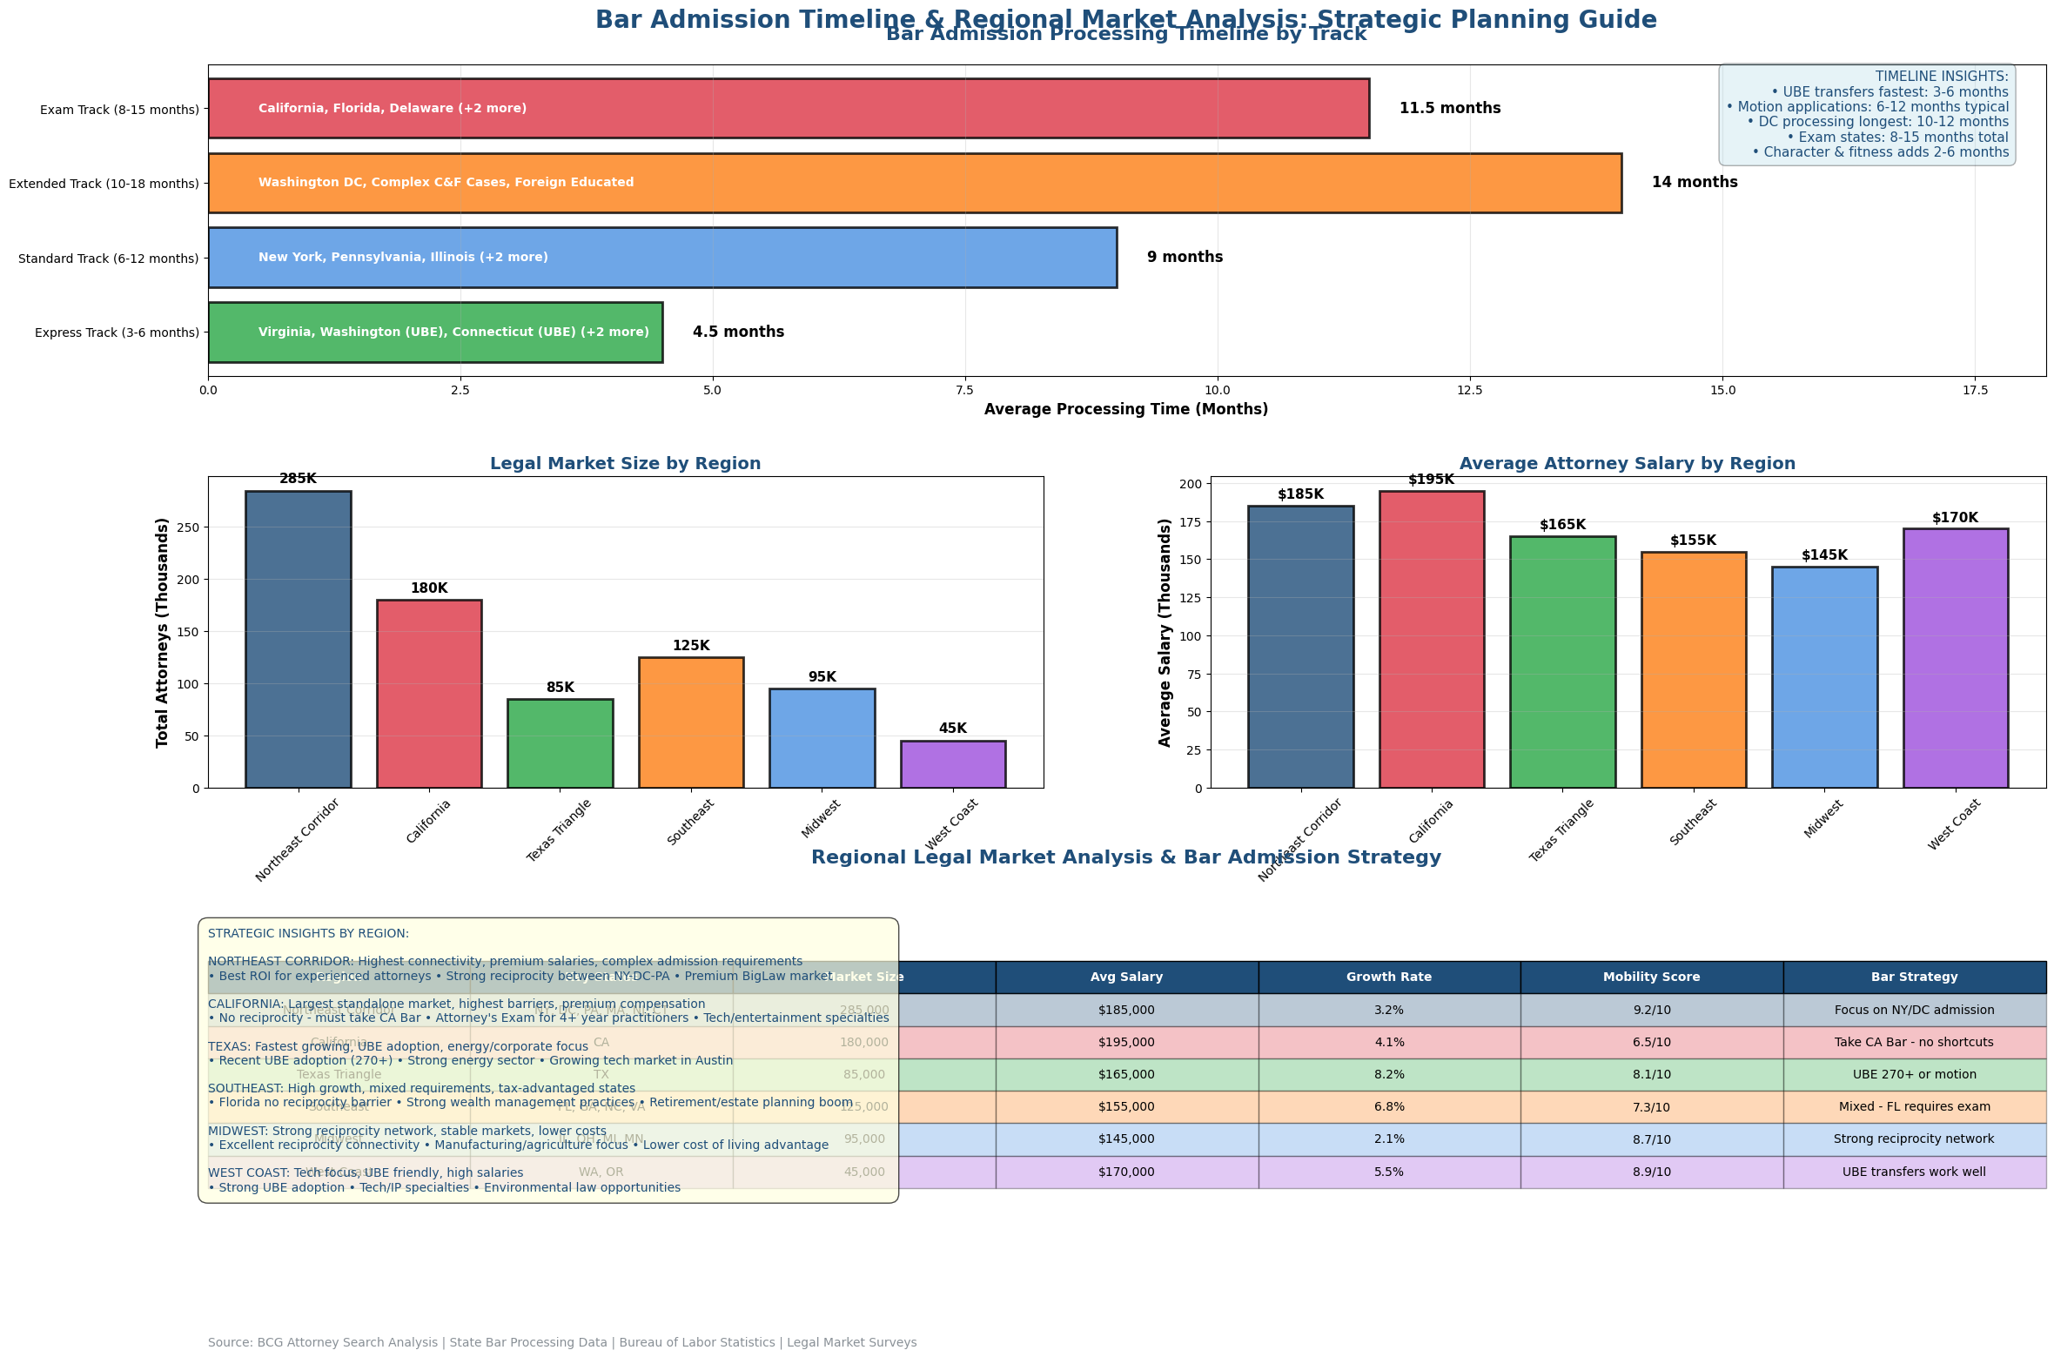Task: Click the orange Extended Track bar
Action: click(x=914, y=183)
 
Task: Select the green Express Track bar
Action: click(x=435, y=333)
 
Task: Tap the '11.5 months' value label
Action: click(x=1449, y=109)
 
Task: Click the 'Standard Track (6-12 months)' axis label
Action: click(x=109, y=259)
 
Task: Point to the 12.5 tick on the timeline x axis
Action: click(x=1469, y=391)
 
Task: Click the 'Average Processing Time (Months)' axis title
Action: click(x=1125, y=409)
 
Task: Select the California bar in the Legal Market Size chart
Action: click(x=429, y=694)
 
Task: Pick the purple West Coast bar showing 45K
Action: click(x=952, y=764)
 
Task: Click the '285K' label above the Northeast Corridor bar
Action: click(x=298, y=479)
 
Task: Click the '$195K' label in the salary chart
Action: click(x=1431, y=480)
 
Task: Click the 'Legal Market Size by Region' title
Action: click(x=625, y=464)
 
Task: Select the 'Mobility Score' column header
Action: click(x=1650, y=977)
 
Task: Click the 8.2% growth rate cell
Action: click(x=1388, y=1074)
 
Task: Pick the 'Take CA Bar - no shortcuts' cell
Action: click(x=1913, y=1042)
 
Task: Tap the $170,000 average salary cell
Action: click(x=1126, y=1172)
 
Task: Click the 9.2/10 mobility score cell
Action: click(x=1650, y=1010)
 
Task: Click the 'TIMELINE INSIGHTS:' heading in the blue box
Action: click(x=1941, y=77)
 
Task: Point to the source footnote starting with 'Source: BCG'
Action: click(x=561, y=1342)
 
